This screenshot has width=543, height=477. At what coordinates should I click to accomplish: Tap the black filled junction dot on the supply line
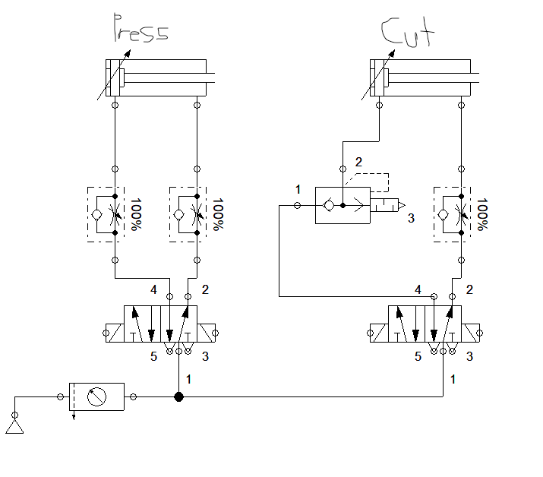[x=178, y=396]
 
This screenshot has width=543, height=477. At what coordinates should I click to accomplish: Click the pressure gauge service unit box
[x=96, y=396]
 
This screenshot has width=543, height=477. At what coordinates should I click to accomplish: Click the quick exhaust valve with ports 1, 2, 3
[x=343, y=205]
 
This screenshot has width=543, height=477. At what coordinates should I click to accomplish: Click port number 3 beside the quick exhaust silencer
[x=411, y=218]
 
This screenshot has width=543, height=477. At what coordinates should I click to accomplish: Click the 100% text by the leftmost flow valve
[x=136, y=215]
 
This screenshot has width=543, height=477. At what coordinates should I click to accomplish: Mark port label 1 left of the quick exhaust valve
[x=298, y=188]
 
